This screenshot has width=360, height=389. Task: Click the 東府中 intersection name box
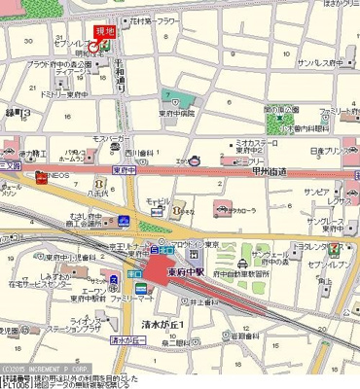[123, 169]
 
